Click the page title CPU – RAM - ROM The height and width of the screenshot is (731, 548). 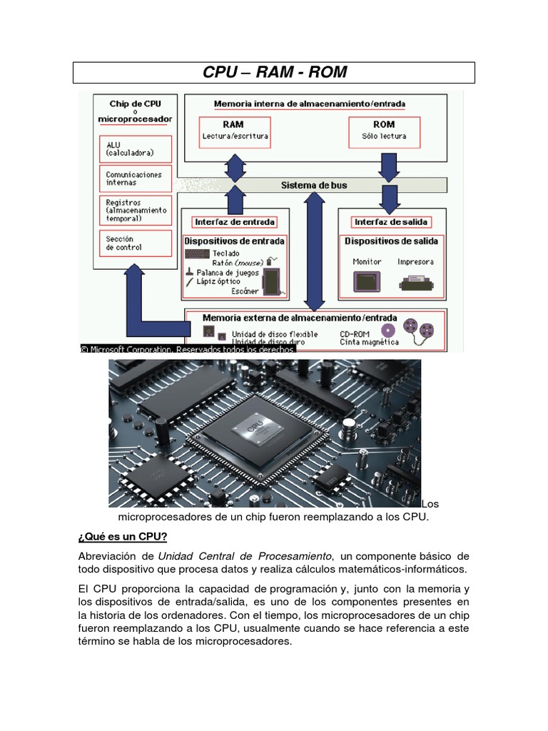click(x=274, y=72)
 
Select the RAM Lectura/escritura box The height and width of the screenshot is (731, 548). click(x=233, y=130)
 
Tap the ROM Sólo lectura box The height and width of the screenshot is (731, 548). click(x=384, y=130)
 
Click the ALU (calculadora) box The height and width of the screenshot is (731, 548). click(x=135, y=148)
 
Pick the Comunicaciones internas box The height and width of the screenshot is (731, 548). click(x=135, y=178)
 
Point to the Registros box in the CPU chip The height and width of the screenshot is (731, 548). click(x=135, y=211)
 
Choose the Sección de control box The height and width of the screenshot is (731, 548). click(x=135, y=243)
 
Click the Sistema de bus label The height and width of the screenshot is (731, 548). click(x=314, y=185)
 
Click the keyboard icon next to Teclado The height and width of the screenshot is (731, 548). click(x=197, y=253)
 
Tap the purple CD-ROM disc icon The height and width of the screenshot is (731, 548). click(x=387, y=330)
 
